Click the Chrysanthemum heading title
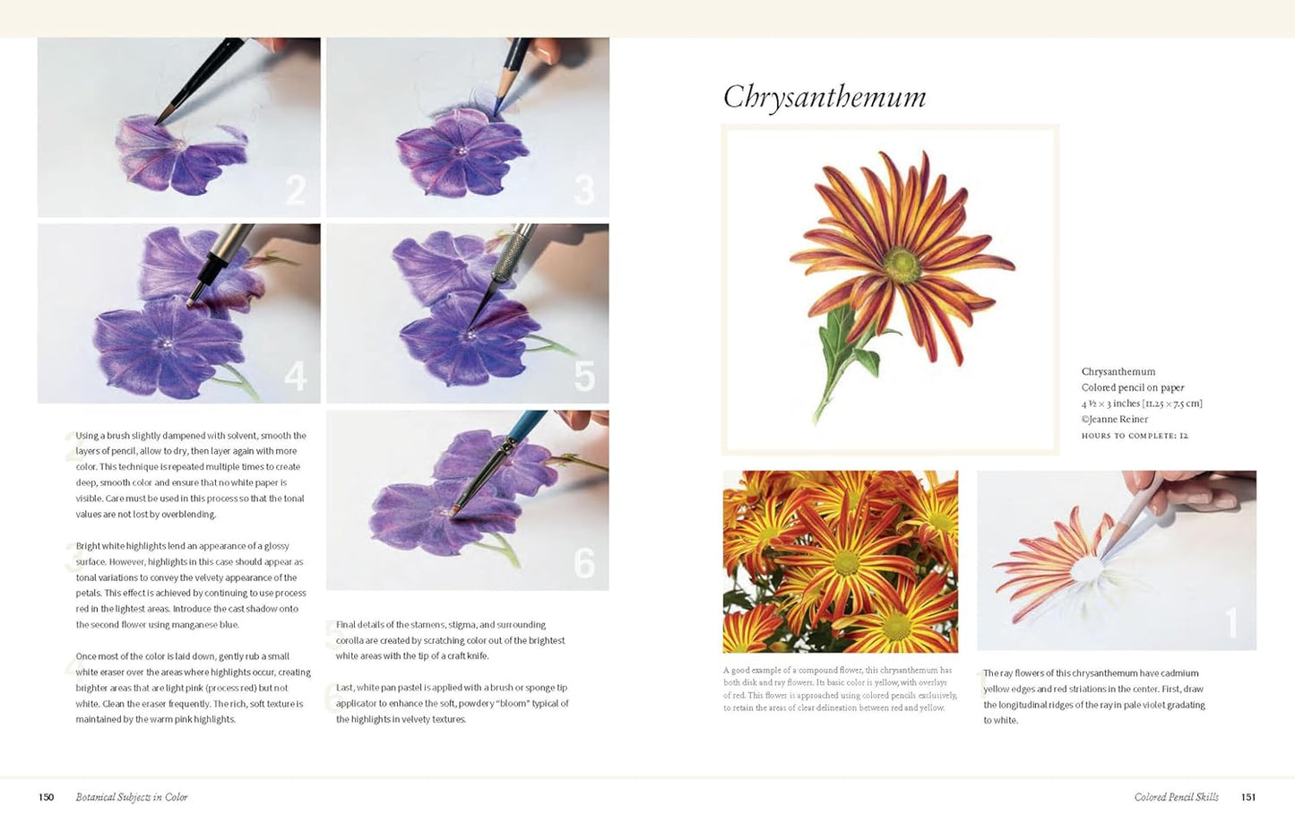[x=824, y=97]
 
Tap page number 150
[x=47, y=797]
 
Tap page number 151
[x=1248, y=797]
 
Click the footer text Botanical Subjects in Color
[x=132, y=797]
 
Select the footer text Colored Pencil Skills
[x=1177, y=797]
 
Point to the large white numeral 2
[x=296, y=190]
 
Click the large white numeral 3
[x=584, y=190]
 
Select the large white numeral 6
[x=584, y=563]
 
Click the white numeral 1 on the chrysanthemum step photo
[x=1231, y=622]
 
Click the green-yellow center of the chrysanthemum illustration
[x=902, y=265]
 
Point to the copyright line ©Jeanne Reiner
[x=1115, y=420]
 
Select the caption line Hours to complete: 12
[x=1135, y=436]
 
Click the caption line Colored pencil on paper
[x=1133, y=387]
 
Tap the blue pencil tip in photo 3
[x=497, y=106]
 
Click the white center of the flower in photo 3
[x=462, y=151]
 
